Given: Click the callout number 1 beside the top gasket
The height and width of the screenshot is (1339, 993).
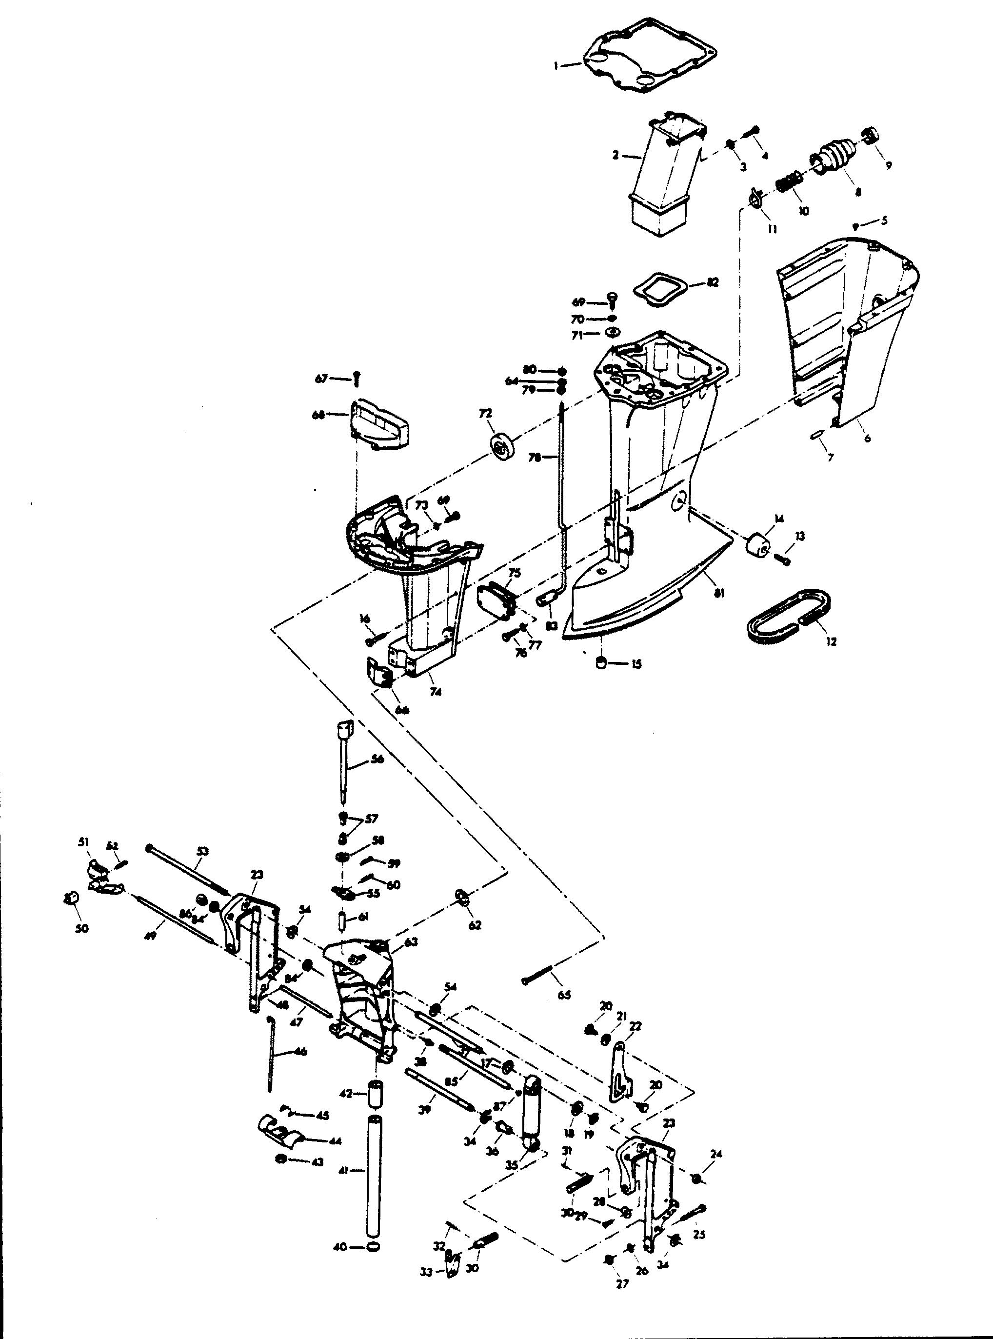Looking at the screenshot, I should tap(556, 67).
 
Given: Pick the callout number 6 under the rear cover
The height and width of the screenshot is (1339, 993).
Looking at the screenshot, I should tap(867, 439).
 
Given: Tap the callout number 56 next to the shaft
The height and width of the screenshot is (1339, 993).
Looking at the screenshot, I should tap(378, 759).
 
